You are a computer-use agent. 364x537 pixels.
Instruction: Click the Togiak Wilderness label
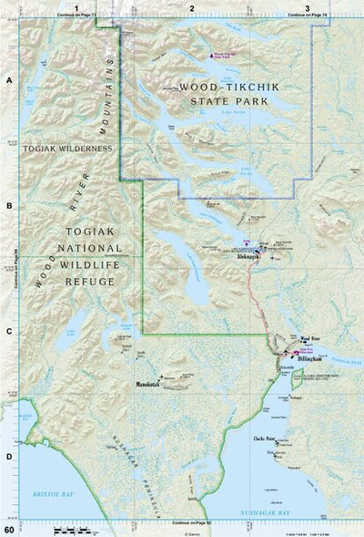coord(68,147)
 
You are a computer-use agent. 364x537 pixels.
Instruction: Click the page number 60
coord(8,529)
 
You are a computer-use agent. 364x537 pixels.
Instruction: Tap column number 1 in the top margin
coord(77,7)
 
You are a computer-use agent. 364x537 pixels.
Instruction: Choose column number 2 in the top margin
coord(192,7)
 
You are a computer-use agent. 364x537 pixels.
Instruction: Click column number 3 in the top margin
coord(307,7)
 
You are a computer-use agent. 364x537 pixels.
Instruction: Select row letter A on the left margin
coord(8,81)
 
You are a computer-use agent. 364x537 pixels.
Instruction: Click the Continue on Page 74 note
coord(307,16)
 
